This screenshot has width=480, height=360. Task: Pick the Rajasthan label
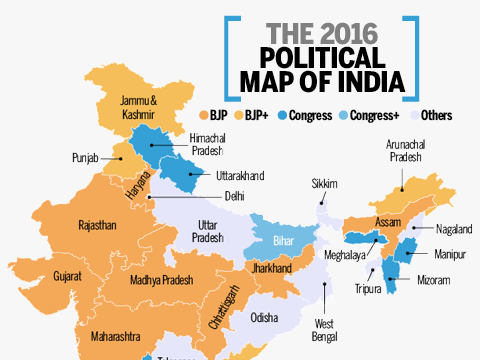pos(97,225)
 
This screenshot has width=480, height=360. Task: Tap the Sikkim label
pos(325,184)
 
